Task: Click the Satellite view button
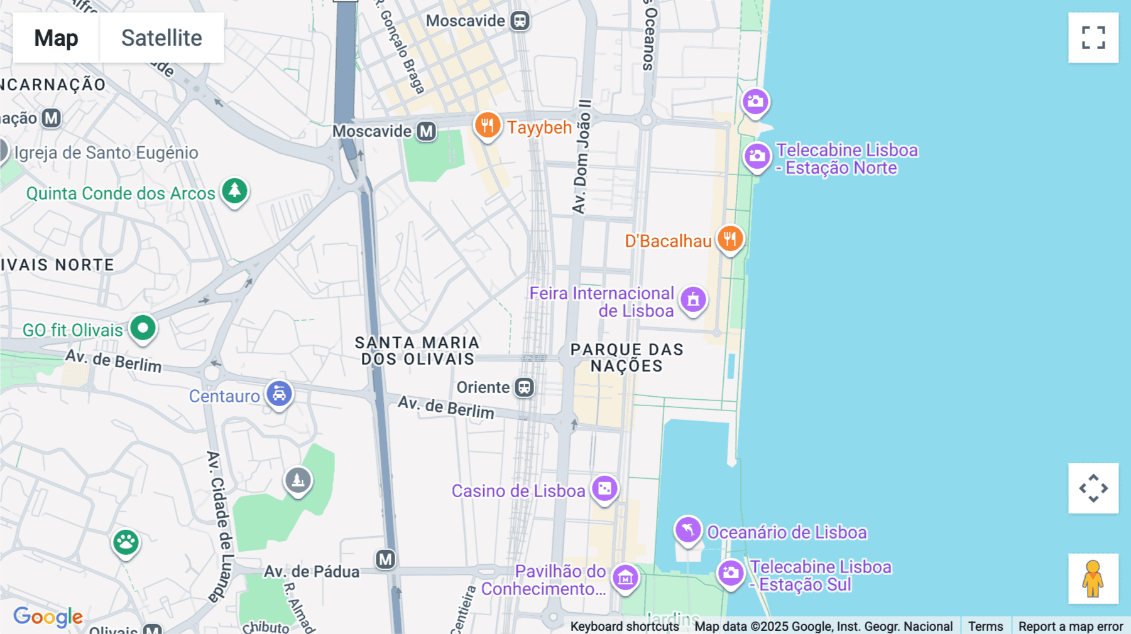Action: (161, 38)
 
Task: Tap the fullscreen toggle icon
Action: (1093, 38)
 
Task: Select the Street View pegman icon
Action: (1093, 578)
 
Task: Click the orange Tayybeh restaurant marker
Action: (487, 126)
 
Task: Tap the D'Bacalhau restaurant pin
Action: (729, 239)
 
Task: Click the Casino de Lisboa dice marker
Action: (604, 488)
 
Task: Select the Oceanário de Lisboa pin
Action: (688, 530)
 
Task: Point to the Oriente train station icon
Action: (524, 387)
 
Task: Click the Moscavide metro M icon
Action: (427, 131)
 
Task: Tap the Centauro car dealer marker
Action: (279, 394)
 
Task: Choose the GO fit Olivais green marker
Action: (143, 328)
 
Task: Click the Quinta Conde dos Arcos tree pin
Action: (234, 190)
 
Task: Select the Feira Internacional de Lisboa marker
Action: (693, 299)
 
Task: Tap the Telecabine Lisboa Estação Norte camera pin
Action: (757, 156)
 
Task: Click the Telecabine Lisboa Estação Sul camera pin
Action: (731, 572)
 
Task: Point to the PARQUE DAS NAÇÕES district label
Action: (626, 358)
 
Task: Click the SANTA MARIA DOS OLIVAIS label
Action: (417, 351)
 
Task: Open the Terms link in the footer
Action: (985, 626)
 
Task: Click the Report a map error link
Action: (1071, 626)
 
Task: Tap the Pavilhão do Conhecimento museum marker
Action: (625, 578)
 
